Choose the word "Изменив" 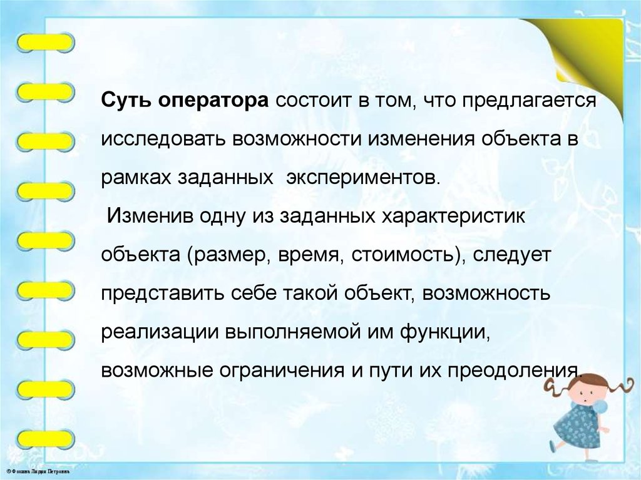coord(150,216)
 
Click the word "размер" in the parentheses coord(227,255)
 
